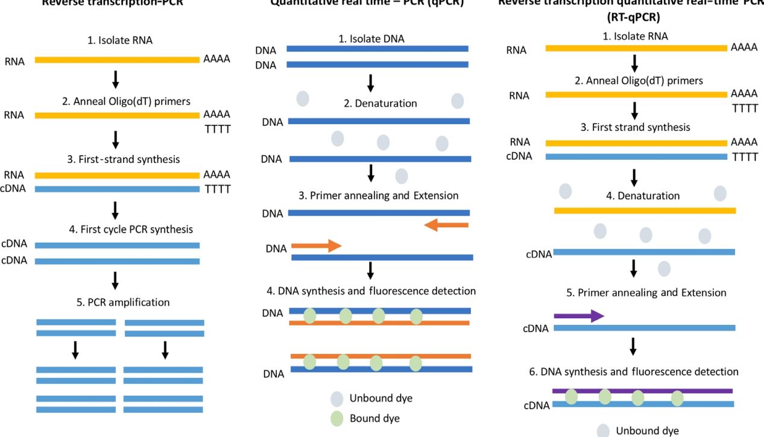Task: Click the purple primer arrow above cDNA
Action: point(578,316)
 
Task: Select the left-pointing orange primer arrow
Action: point(446,225)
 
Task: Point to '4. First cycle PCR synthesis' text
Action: point(131,230)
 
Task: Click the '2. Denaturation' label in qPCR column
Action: point(380,104)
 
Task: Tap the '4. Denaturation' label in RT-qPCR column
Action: point(642,196)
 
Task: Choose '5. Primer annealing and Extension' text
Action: point(646,293)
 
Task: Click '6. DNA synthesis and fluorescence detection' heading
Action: point(634,372)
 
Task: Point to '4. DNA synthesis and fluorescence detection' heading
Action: point(371,291)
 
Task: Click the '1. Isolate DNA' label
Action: point(371,39)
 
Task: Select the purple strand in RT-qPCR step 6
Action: point(642,391)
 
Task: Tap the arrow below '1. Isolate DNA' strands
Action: point(371,83)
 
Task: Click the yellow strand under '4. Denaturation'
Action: point(645,210)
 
